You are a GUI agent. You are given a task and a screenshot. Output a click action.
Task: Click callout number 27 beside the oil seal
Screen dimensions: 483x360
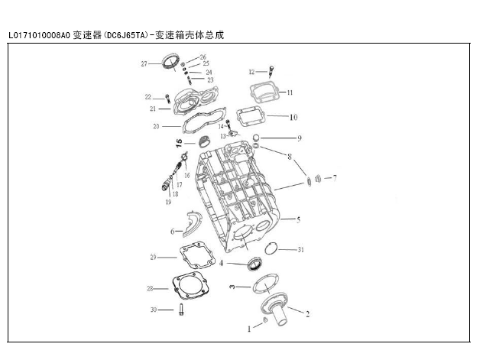tap(144, 64)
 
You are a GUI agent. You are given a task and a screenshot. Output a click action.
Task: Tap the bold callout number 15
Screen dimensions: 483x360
tap(179, 143)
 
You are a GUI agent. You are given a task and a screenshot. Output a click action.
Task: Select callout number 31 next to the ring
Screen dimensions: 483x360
tap(300, 250)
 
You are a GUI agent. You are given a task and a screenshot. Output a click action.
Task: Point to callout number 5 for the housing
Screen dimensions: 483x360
tap(298, 219)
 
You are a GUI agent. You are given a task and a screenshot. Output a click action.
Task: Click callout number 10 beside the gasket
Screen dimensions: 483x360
tap(293, 118)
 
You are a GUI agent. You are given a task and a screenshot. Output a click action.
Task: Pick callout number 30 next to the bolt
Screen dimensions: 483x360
tap(154, 310)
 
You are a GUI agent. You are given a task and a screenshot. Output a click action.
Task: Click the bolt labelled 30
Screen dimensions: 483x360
tap(181, 310)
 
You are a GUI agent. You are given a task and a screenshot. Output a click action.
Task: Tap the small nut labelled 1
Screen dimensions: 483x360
tap(265, 320)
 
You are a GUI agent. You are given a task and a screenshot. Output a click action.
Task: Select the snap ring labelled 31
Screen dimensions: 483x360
tap(271, 248)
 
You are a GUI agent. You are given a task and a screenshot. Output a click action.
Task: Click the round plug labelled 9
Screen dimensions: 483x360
tap(256, 138)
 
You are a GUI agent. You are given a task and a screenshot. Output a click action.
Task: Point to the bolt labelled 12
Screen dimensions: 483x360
tap(271, 71)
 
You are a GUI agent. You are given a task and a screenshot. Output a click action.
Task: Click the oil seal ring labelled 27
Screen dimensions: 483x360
tap(170, 63)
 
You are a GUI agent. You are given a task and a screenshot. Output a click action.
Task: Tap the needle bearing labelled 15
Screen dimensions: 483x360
tap(204, 141)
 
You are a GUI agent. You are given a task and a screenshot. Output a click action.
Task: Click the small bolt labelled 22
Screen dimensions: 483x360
tap(167, 99)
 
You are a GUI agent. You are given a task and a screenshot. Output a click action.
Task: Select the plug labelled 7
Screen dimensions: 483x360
tap(318, 178)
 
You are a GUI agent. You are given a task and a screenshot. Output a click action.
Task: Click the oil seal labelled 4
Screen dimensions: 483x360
tap(254, 264)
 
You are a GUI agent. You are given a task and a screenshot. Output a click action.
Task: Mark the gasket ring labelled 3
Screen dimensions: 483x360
tap(266, 284)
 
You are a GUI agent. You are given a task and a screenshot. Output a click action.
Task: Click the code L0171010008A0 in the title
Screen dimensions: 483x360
tap(40, 35)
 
